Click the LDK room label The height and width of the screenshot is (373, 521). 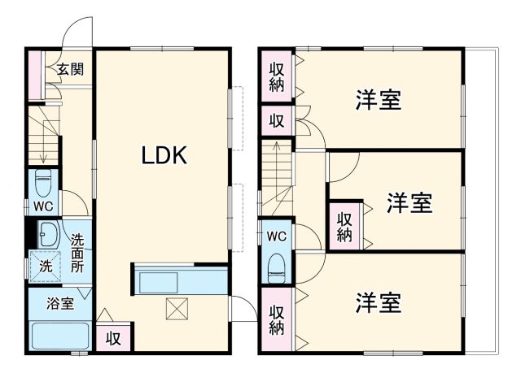pos(165,155)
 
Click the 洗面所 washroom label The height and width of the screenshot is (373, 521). pos(77,253)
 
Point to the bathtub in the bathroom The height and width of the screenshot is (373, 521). pos(59,336)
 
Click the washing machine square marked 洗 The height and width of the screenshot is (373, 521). pos(45,266)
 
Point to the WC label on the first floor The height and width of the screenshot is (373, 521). pos(43,206)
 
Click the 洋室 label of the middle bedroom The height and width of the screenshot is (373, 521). pos(409,202)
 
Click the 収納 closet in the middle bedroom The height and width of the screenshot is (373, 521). pos(344,227)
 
